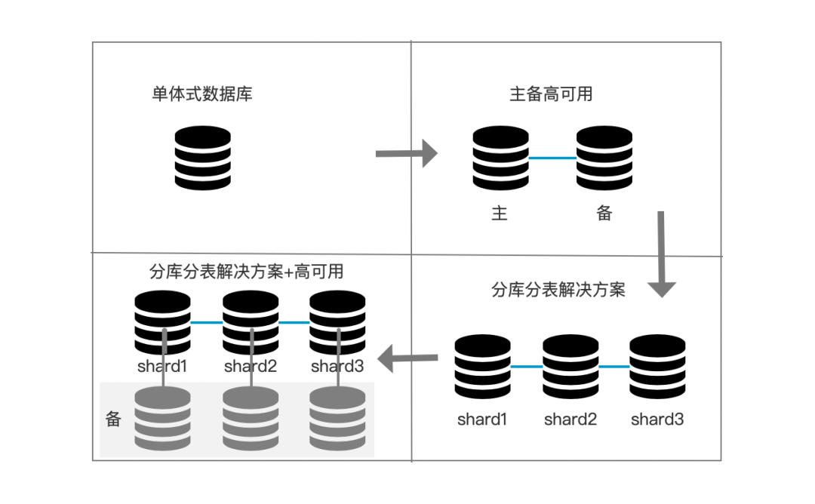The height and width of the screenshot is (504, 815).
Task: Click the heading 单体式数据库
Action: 201,95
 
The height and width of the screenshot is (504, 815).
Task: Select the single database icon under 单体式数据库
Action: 202,158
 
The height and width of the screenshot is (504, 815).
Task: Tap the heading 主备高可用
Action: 551,95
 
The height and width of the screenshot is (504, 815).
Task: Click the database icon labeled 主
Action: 500,158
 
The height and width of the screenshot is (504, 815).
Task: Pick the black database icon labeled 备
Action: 604,158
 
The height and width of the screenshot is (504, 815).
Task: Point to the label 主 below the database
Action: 500,214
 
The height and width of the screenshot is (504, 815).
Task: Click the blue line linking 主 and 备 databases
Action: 552,158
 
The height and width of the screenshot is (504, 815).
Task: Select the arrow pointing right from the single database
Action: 406,154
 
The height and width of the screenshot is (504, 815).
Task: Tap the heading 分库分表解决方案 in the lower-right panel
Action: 558,290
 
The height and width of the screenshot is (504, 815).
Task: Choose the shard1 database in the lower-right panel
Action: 483,367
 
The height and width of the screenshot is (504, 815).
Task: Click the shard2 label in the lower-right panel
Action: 570,419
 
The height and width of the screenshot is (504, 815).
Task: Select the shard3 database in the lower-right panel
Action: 657,367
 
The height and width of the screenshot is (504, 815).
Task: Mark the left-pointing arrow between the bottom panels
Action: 407,358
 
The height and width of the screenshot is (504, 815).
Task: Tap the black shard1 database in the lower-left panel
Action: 163,323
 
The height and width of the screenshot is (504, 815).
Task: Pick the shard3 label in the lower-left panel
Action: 337,367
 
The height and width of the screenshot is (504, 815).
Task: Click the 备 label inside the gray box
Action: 113,419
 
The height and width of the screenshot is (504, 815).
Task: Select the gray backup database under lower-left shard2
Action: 251,419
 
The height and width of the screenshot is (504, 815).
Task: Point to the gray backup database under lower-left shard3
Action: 337,419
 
